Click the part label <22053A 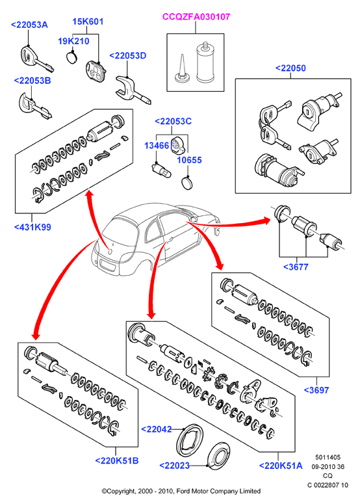[x=29, y=25]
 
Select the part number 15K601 [x=88, y=21]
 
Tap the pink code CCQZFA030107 [x=196, y=17]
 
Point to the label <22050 [x=290, y=68]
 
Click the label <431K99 [x=32, y=227]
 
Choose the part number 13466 [x=157, y=146]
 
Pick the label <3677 [x=296, y=267]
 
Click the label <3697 [x=316, y=390]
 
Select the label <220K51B [x=117, y=460]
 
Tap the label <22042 [x=157, y=429]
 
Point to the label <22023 [x=174, y=466]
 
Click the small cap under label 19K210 [x=73, y=57]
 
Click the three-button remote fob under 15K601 [x=96, y=72]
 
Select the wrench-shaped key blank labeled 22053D [x=133, y=89]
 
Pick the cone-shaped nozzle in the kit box [x=182, y=70]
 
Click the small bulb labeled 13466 [x=162, y=170]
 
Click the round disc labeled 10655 [x=186, y=183]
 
